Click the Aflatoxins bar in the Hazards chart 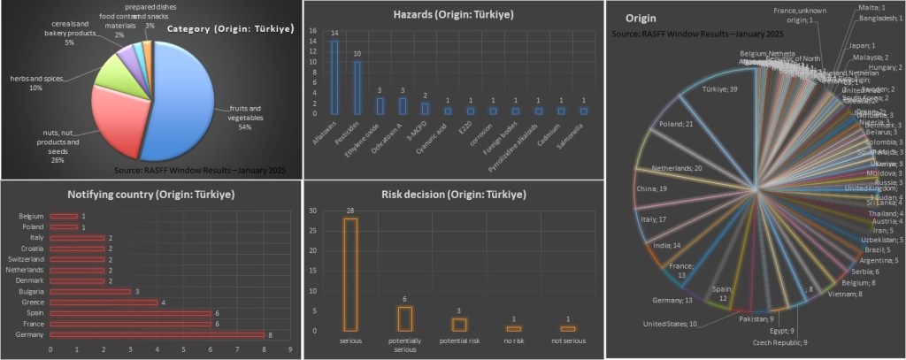point(334,78)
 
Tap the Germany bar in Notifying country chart point(157,335)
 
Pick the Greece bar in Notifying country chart point(104,302)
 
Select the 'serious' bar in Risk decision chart point(350,273)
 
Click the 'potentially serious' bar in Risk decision point(404,318)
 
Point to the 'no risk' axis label point(513,339)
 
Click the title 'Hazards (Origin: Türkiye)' point(454,15)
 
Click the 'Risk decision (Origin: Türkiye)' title point(454,195)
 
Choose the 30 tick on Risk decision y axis point(311,211)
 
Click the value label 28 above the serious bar point(350,210)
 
